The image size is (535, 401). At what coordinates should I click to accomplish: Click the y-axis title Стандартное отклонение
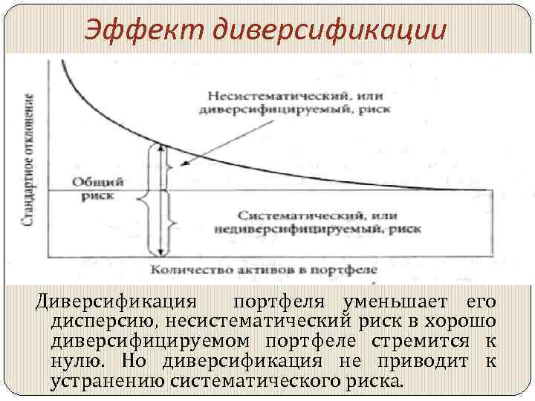[30, 160]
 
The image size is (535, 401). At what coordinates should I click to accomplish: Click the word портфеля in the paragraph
[282, 303]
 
